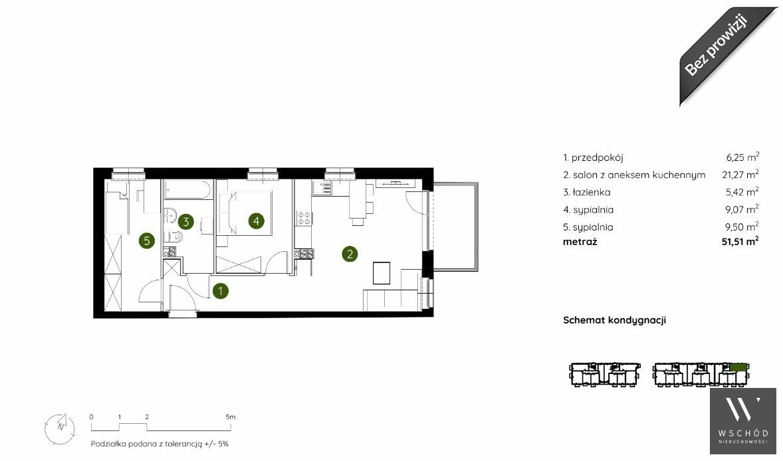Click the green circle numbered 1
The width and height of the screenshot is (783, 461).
pos(220,291)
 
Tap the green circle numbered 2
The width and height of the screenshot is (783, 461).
pos(350,254)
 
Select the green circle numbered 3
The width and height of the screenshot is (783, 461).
pos(185,221)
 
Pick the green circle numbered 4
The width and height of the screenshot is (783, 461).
pos(256,221)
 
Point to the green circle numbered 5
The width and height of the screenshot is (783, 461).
pos(147,241)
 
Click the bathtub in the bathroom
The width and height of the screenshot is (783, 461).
pos(189,189)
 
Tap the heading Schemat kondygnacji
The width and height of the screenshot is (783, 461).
pos(614,320)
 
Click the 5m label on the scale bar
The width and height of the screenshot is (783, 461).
pos(230,416)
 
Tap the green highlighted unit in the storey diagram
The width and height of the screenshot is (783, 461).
pos(737,367)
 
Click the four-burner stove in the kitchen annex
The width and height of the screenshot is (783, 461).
pos(304,217)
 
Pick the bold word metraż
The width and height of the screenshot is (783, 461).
pos(580,242)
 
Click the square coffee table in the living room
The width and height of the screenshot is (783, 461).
pos(382,274)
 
